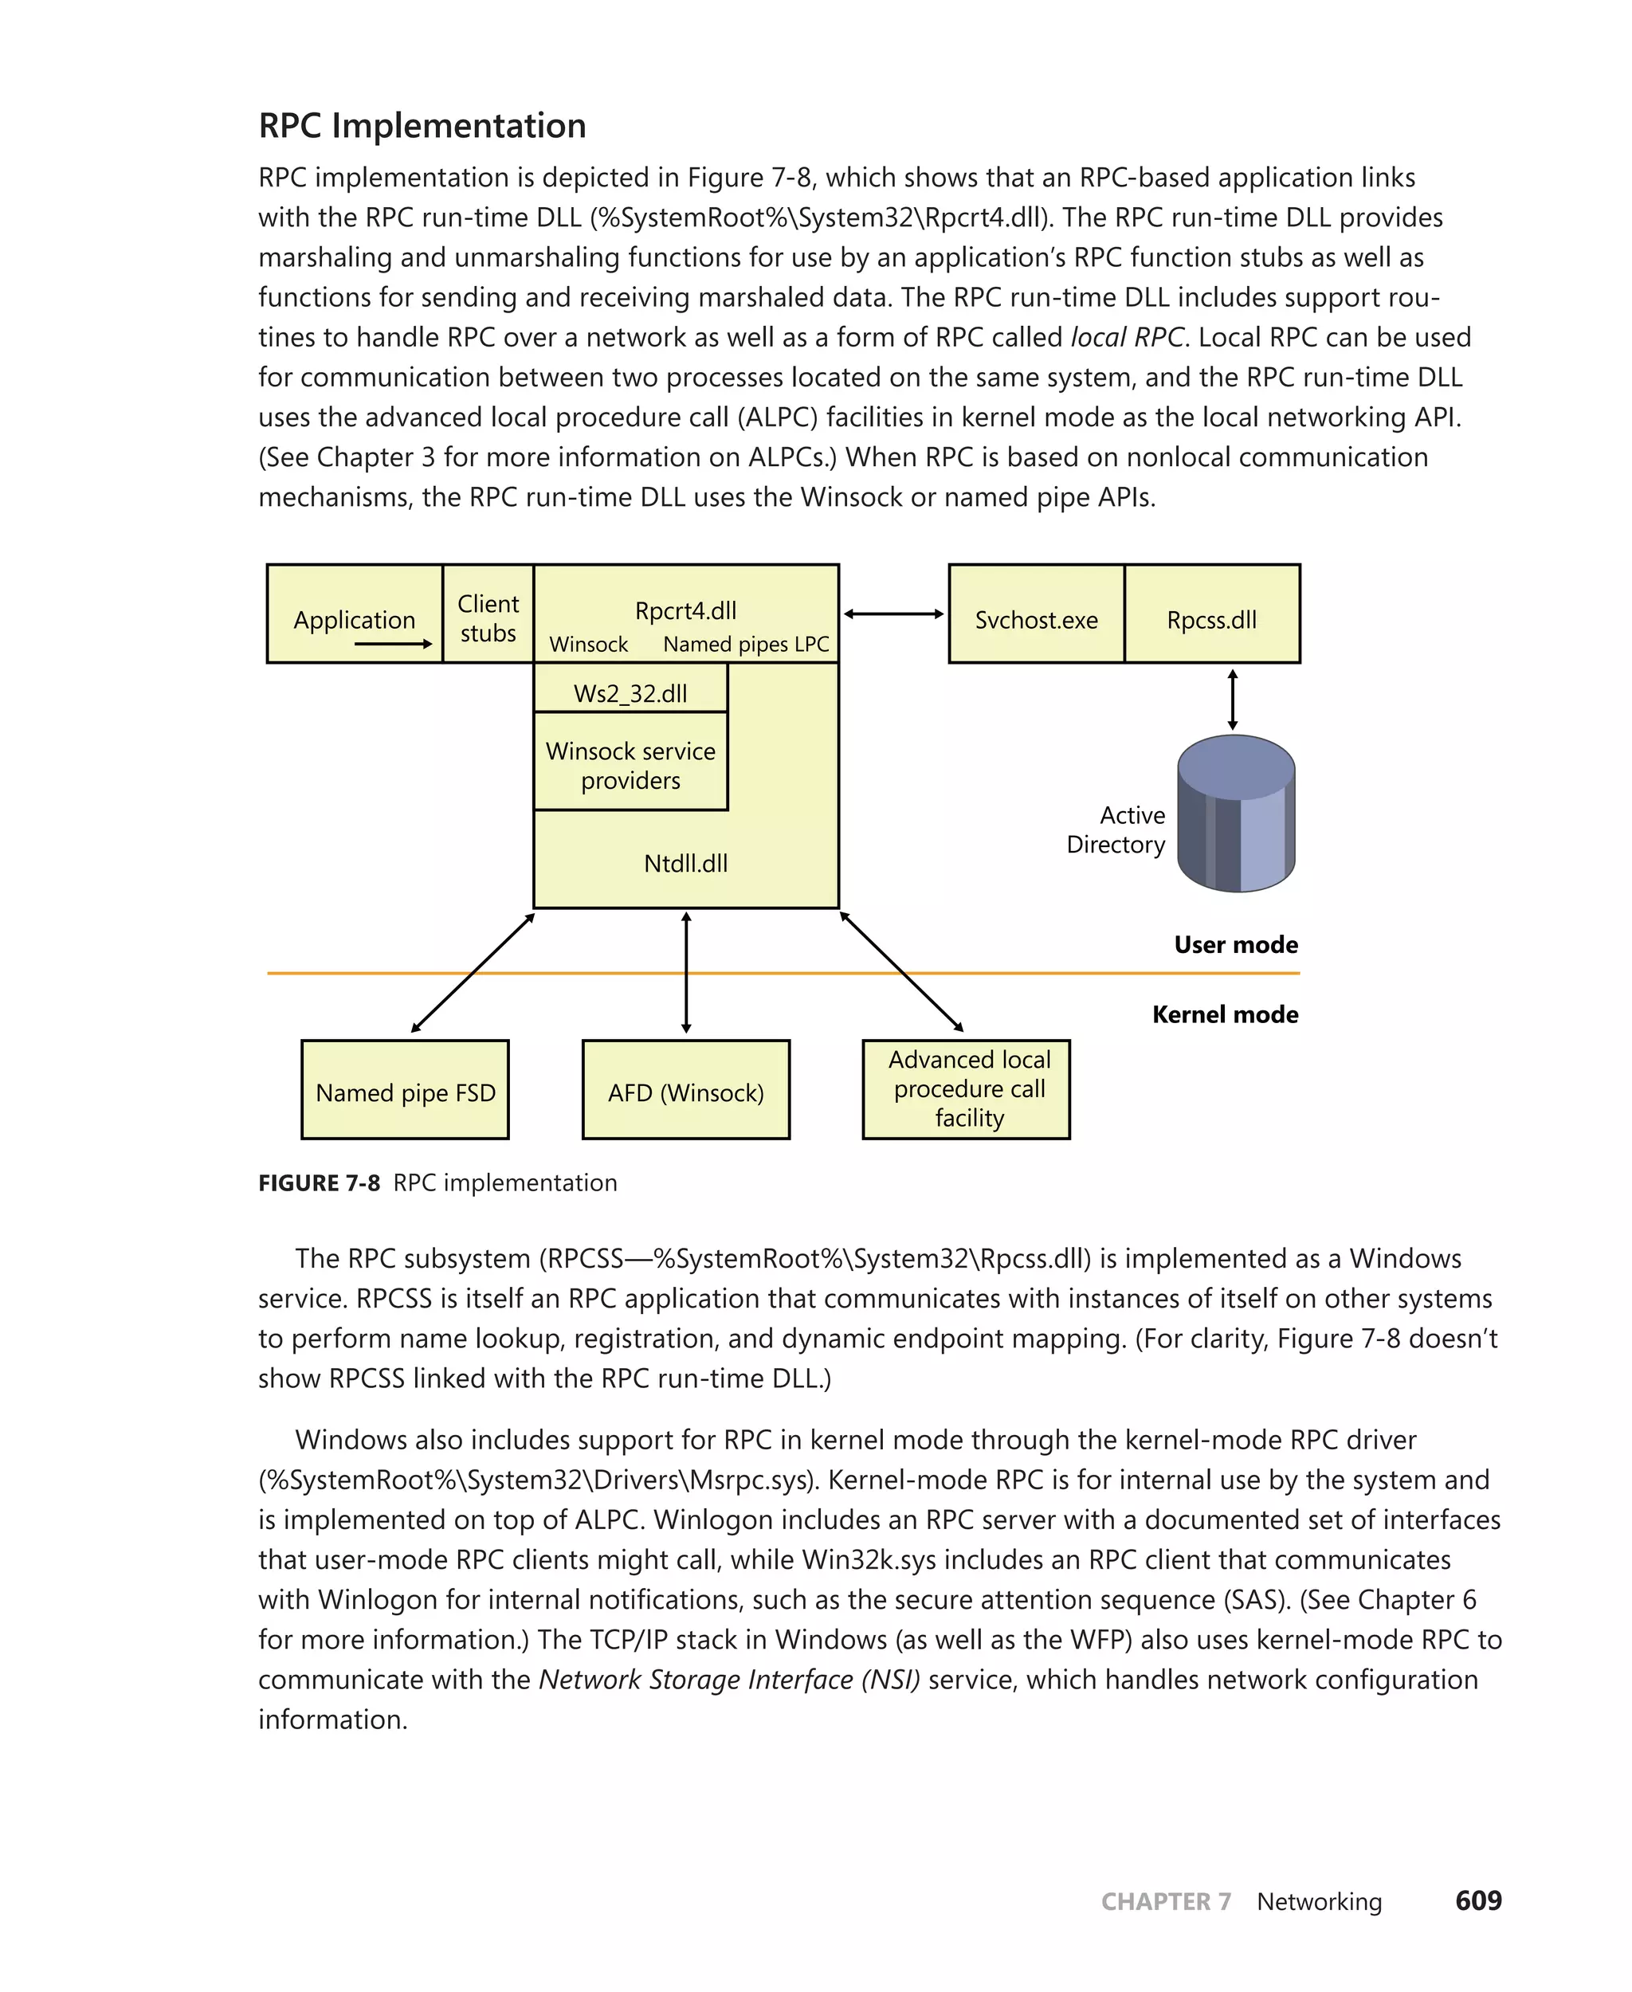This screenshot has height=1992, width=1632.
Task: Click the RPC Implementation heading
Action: [x=422, y=126]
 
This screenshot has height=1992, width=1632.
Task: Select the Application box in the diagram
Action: [x=355, y=614]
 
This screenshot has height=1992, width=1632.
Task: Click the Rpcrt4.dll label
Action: [x=685, y=610]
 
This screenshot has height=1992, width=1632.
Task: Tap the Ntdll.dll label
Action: [x=685, y=862]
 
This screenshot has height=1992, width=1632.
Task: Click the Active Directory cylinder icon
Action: [x=1236, y=814]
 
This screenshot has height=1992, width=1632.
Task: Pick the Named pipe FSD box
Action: [x=405, y=1091]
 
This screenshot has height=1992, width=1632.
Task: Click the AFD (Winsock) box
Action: [x=685, y=1091]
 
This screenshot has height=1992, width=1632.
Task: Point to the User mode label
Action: [x=1235, y=944]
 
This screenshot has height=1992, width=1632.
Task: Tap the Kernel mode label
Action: [x=1224, y=1014]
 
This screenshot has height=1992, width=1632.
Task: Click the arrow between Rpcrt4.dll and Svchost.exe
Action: [x=893, y=614]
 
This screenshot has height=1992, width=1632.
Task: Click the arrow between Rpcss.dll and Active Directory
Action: [x=1233, y=700]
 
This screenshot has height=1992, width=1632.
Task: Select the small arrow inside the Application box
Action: [x=393, y=644]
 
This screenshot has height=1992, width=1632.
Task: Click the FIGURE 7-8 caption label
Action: [x=319, y=1182]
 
